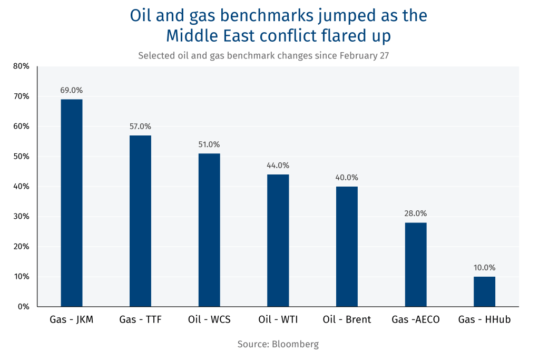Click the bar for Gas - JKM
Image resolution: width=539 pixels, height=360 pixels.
[72, 203]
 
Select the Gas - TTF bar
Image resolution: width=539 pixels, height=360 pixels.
[140, 221]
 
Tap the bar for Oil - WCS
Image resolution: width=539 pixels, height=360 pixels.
[209, 230]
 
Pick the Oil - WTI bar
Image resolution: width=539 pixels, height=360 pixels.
[278, 240]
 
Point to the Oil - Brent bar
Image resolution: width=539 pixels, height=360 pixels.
[347, 246]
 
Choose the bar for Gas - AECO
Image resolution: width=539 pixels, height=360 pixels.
[416, 265]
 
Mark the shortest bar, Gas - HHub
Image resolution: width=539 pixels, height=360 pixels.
[484, 291]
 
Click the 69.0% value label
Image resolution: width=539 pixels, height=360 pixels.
[72, 90]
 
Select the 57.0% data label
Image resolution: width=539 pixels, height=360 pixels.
[140, 127]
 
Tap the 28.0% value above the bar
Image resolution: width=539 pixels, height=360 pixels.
[416, 213]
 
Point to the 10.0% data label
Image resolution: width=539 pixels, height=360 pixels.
[484, 268]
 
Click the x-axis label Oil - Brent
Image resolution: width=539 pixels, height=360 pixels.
[347, 319]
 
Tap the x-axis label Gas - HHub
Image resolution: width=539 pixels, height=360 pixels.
[484, 319]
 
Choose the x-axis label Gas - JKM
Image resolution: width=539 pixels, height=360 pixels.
[72, 319]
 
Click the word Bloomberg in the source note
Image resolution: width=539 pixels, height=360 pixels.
[295, 344]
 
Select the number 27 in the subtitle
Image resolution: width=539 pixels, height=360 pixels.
[384, 55]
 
